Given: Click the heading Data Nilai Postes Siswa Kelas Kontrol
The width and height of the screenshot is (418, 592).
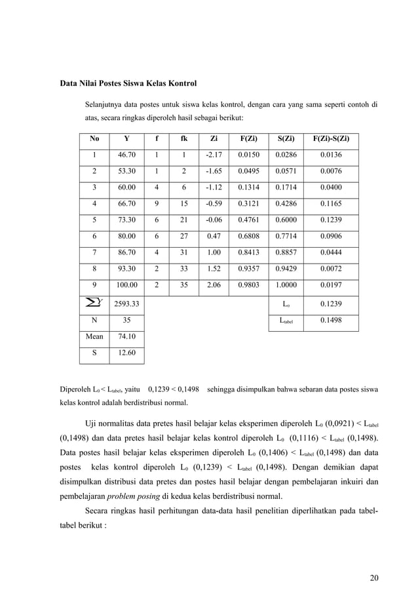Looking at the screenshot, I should point(128,84).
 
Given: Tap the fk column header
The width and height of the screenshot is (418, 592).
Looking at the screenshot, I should point(183,138).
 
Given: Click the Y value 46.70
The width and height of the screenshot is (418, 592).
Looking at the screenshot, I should point(126,155).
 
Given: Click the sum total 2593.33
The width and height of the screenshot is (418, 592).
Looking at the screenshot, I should point(126,304).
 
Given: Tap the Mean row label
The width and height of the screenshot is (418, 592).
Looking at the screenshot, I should point(94,336).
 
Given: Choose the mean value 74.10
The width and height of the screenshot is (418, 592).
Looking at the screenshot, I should point(126,336).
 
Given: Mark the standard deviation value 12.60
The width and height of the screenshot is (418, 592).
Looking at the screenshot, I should point(126,353).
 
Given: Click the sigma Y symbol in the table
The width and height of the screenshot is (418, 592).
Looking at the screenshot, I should point(94,304).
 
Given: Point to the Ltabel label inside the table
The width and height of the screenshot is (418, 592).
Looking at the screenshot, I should point(286,321).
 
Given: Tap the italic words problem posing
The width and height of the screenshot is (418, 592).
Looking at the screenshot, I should point(133,495).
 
